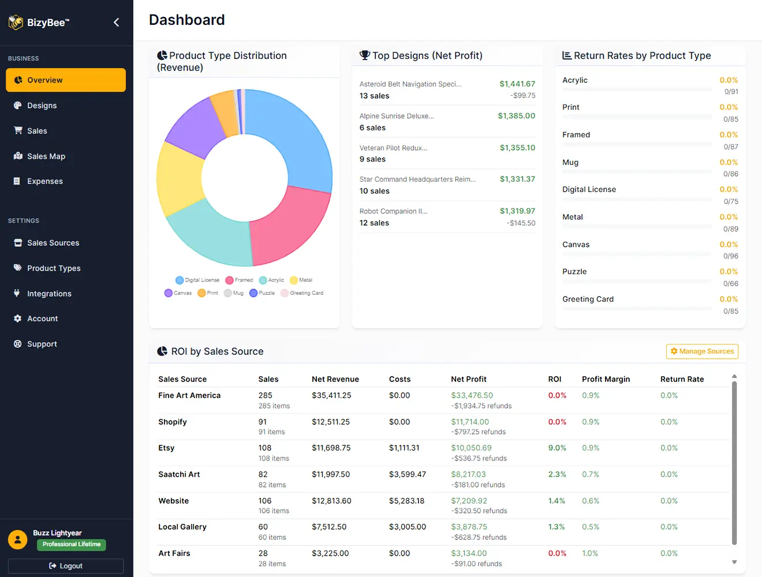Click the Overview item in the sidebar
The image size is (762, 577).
coord(65,80)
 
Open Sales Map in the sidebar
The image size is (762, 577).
coord(46,156)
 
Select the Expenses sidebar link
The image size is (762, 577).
coord(44,181)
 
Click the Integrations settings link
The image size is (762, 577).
coord(49,294)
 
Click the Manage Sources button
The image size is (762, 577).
coord(701,351)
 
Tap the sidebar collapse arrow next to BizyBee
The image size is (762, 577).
coord(117,23)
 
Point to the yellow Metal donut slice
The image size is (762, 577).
coord(178,179)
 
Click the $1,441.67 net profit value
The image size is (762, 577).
coord(517,84)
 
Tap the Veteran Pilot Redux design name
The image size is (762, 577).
coord(393,148)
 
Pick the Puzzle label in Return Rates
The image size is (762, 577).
coord(574,272)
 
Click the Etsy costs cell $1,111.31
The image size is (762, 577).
coord(404,448)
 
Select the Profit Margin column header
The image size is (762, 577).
coord(606,379)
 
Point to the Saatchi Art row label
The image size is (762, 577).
coord(179,474)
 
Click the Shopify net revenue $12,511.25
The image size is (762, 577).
coord(331,422)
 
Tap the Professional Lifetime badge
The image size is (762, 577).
coord(72,544)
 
